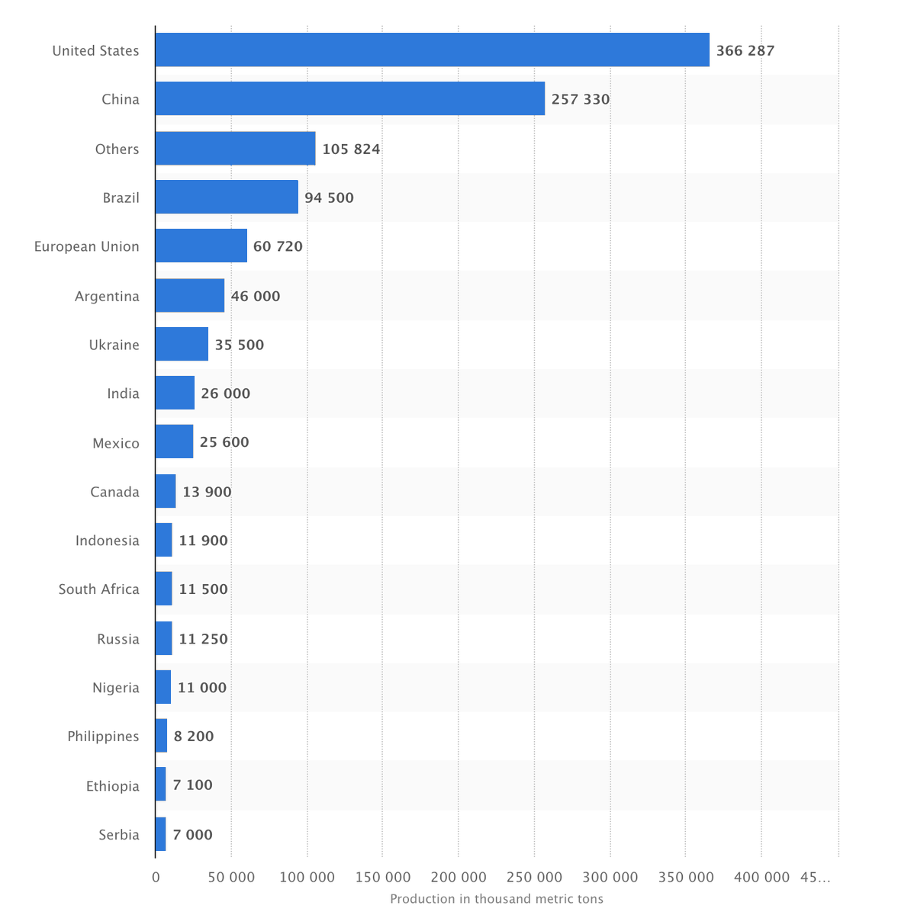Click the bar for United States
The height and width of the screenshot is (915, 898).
coord(432,50)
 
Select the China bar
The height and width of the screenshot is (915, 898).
coord(349,99)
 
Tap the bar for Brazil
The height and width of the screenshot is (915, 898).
coord(227,197)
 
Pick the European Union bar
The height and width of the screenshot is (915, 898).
coord(201,246)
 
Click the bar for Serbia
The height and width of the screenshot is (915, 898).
coord(160,834)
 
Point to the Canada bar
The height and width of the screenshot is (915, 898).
coord(166,492)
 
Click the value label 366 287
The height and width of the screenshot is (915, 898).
coord(745,51)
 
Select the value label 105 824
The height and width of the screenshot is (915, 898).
coord(351,149)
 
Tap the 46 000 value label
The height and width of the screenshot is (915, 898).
coord(255,297)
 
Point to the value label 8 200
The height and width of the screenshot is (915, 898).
coord(194,737)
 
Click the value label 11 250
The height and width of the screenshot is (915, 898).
coord(203,639)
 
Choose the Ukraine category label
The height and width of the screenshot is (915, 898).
coord(114,345)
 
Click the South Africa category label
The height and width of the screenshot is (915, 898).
coord(98,589)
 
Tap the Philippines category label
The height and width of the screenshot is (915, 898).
coord(103,737)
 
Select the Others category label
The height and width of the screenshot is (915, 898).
coord(117,149)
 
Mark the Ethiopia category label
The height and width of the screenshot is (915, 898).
coord(112,786)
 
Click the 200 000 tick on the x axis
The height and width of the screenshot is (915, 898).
coord(459,878)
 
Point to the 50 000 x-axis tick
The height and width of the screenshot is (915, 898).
coord(231,878)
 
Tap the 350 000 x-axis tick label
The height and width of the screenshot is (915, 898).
coord(685,878)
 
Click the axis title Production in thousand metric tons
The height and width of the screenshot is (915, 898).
coord(496,899)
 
